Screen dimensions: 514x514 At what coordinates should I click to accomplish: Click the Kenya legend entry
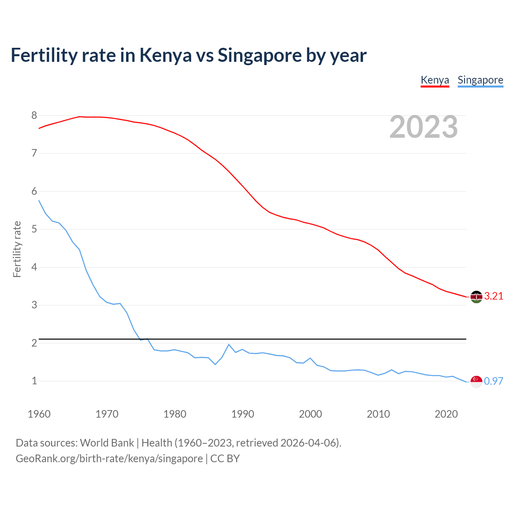[x=434, y=80]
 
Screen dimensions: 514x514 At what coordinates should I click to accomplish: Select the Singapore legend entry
[x=480, y=80]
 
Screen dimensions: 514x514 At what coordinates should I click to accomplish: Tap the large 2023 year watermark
[x=423, y=127]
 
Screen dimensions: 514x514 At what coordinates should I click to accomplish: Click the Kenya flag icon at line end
[x=476, y=297]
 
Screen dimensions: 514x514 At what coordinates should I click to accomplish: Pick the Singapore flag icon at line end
[x=476, y=381]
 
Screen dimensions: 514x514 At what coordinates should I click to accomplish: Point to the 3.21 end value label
[x=494, y=296]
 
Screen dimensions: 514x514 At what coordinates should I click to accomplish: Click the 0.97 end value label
[x=494, y=381]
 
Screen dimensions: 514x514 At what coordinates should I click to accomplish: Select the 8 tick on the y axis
[x=34, y=116]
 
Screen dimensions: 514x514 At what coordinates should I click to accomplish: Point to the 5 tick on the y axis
[x=34, y=229]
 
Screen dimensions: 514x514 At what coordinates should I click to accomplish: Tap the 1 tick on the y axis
[x=34, y=381]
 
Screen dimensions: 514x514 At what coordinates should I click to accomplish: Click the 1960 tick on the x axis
[x=39, y=414]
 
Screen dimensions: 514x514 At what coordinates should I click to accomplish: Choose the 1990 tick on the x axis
[x=243, y=414]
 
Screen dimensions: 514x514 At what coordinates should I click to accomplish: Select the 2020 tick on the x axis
[x=446, y=414]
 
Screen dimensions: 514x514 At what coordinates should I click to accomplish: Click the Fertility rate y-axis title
[x=17, y=249]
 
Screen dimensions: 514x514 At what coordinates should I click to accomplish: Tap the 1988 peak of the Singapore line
[x=229, y=345]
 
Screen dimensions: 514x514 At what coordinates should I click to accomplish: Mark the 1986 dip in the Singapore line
[x=215, y=364]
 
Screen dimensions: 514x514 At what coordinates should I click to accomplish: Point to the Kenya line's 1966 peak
[x=80, y=116]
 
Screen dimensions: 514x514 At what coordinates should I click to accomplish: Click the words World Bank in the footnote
[x=107, y=443]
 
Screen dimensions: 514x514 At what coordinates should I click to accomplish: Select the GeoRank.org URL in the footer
[x=109, y=459]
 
